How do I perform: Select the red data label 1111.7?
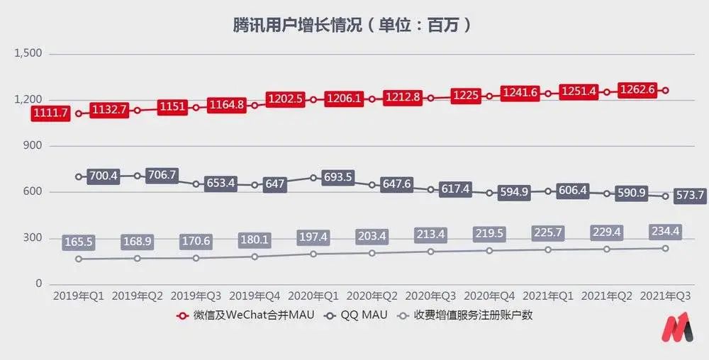click(50, 113)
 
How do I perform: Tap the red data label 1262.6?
click(637, 90)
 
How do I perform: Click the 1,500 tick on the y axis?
click(28, 53)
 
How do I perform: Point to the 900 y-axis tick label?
click(33, 145)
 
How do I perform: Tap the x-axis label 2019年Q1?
click(78, 296)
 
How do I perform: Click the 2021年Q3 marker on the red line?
click(666, 90)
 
